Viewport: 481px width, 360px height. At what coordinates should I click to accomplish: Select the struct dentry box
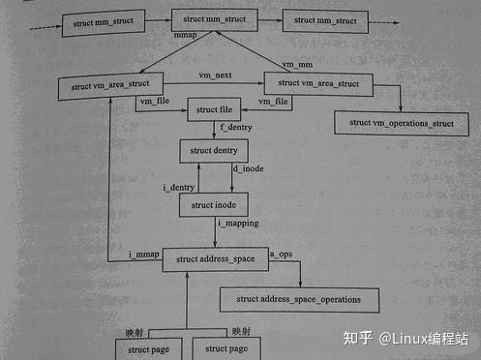pyautogui.click(x=214, y=152)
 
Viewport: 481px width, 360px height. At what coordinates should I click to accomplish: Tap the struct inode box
pyautogui.click(x=214, y=205)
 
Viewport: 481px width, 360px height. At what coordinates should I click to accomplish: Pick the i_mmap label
pyautogui.click(x=143, y=254)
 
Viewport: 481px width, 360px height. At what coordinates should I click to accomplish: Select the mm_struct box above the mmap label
pyautogui.click(x=215, y=20)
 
